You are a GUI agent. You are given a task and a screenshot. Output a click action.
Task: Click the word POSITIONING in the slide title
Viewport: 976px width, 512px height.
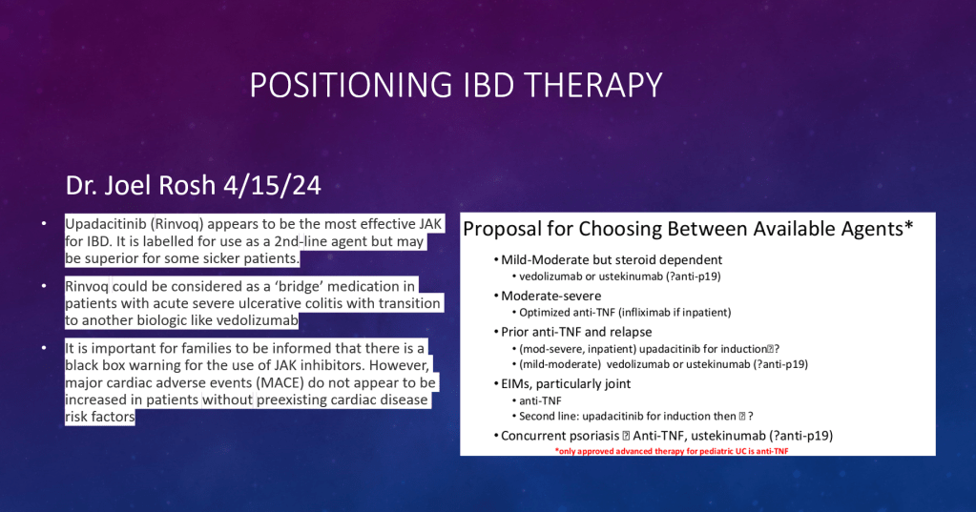click(x=350, y=85)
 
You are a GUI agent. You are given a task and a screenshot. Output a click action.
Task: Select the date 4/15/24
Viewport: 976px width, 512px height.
click(x=272, y=185)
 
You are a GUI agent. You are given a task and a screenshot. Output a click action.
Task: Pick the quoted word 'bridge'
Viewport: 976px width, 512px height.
click(x=300, y=287)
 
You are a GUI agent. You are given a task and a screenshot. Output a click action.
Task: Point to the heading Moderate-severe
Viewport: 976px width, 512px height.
click(x=550, y=297)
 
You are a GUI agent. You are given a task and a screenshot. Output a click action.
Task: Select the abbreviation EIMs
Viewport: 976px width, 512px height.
click(x=516, y=384)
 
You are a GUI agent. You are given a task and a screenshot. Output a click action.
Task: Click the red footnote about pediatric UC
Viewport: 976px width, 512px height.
click(x=672, y=451)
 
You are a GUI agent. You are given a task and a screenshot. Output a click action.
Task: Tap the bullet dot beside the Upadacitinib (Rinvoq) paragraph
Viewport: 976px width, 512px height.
click(x=44, y=223)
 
